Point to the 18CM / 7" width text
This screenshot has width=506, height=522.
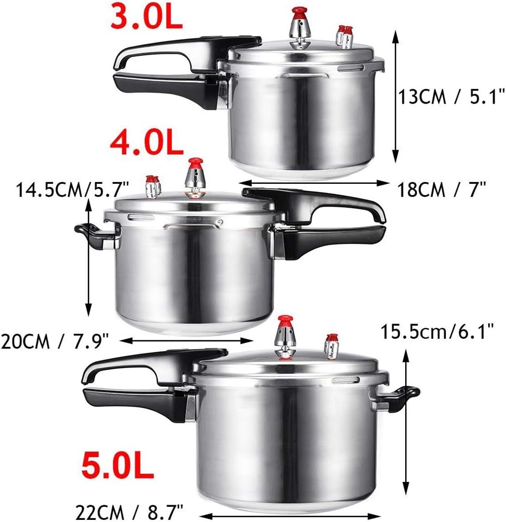(x=442, y=190)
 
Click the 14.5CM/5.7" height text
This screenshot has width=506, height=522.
(x=72, y=190)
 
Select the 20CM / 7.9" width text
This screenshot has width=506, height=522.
(x=55, y=341)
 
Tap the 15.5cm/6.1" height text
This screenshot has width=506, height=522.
(x=437, y=332)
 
